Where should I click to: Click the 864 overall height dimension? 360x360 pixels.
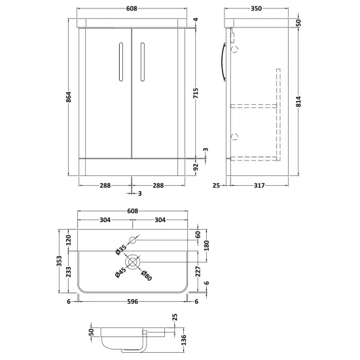[69, 97]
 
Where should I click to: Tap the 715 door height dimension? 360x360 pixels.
[196, 93]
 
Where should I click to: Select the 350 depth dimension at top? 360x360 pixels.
[256, 9]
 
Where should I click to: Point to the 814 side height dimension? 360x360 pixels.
[298, 101]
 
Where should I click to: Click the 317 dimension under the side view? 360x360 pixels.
[259, 185]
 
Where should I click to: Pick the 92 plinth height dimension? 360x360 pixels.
[196, 167]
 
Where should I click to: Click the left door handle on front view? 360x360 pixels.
[121, 62]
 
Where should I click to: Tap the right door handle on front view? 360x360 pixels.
[143, 62]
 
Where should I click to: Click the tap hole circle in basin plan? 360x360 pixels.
[133, 240]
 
